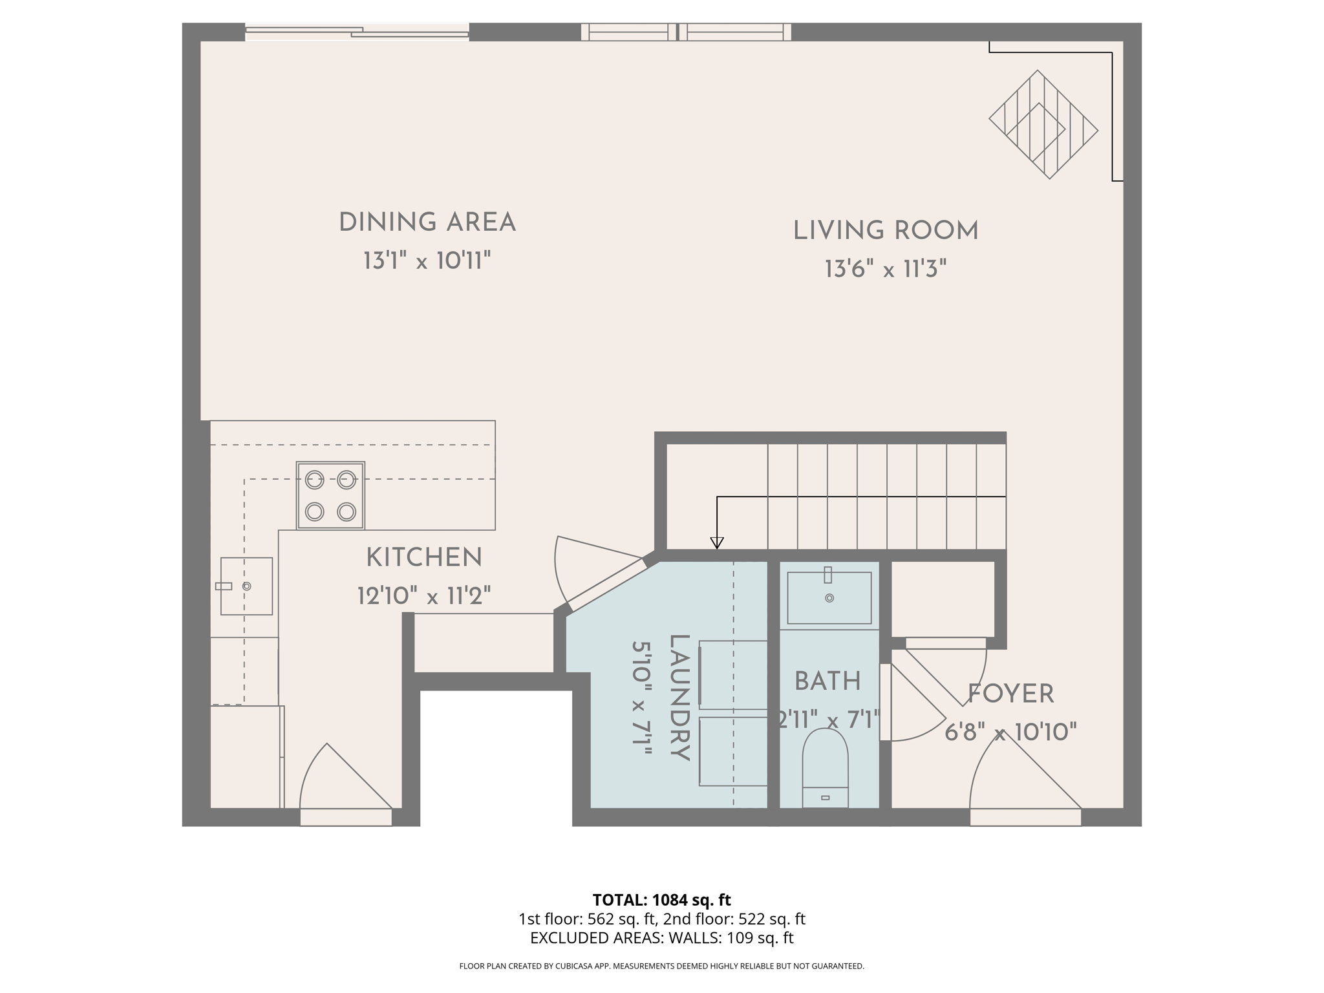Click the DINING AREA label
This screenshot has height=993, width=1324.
click(427, 222)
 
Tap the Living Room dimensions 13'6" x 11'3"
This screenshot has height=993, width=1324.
click(885, 269)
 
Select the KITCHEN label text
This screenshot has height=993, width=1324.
click(424, 558)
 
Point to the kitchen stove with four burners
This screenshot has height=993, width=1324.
click(330, 496)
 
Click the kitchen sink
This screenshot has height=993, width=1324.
click(246, 586)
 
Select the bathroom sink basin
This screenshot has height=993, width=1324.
click(829, 598)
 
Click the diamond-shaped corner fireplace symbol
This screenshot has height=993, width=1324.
click(1043, 125)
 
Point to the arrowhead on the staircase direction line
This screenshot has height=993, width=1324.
click(716, 542)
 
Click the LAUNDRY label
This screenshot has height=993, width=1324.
click(679, 698)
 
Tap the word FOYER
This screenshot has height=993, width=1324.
click(1010, 694)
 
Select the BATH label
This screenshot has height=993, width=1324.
click(827, 681)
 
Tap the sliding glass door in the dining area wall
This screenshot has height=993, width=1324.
click(357, 32)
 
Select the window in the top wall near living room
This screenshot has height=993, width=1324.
click(685, 32)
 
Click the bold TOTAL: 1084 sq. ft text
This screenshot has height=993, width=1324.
click(661, 900)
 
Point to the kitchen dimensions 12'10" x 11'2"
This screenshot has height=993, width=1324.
click(424, 595)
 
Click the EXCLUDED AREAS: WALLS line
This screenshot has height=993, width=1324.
click(661, 938)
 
